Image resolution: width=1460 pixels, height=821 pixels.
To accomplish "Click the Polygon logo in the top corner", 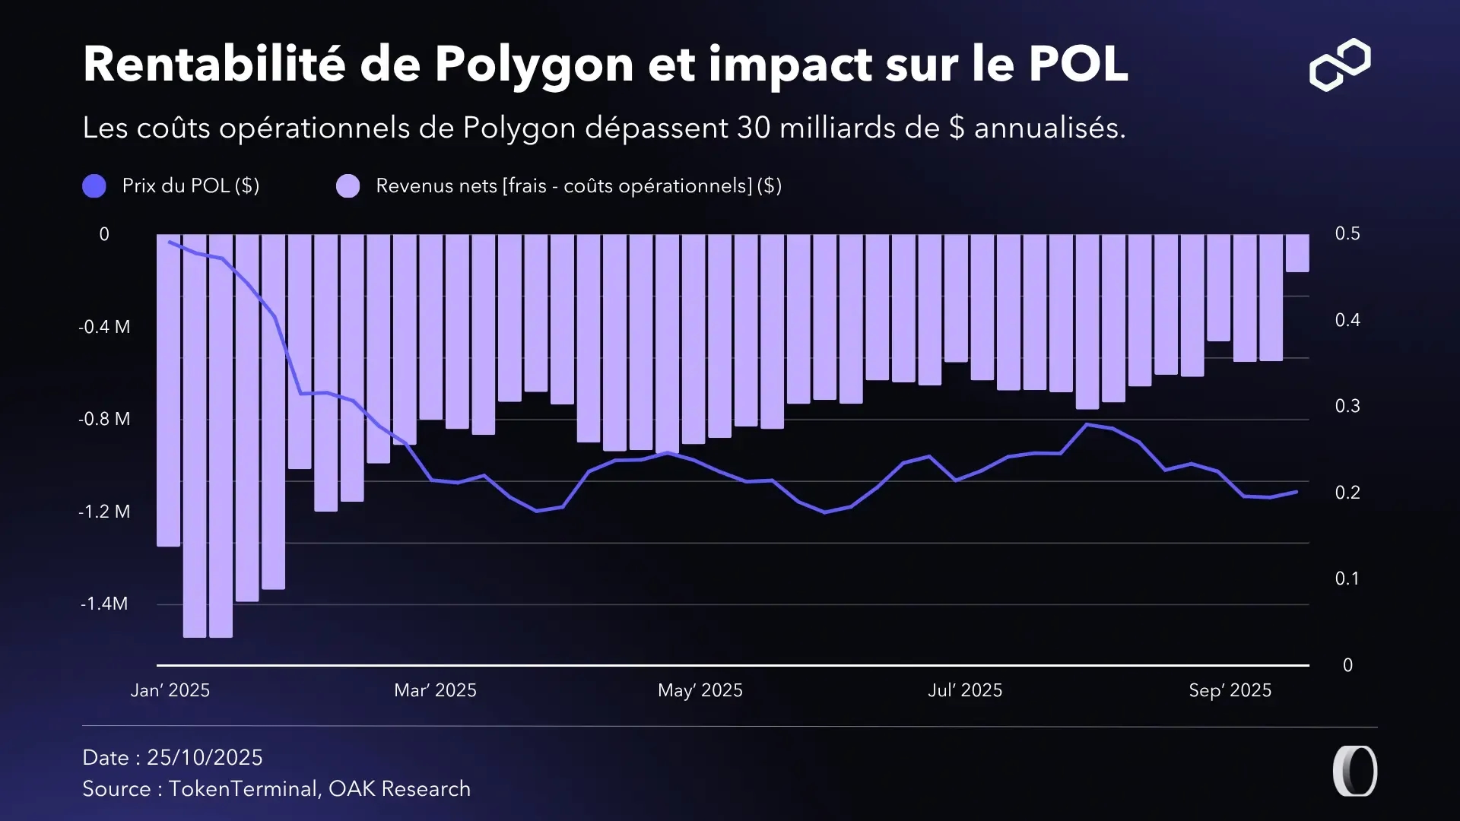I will point(1340,65).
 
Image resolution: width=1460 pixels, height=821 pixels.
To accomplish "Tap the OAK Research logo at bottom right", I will point(1355,771).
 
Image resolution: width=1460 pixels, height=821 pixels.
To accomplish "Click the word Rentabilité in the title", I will point(214,64).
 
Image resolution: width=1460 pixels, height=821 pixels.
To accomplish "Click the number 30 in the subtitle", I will point(754,128).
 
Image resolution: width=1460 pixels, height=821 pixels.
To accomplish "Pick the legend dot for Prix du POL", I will point(94,186).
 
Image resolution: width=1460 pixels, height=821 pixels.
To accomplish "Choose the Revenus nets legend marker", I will point(348,186).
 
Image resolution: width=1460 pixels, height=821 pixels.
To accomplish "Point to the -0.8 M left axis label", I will point(104,419).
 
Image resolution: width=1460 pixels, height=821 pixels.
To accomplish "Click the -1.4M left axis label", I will point(104,604).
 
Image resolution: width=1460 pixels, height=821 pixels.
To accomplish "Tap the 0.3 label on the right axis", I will point(1347,406).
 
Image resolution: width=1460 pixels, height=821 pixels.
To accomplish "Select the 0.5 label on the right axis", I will point(1347,233).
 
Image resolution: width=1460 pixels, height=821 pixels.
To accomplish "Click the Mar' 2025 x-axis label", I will point(435,690).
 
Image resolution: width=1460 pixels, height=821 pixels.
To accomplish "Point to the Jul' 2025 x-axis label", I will point(965,690).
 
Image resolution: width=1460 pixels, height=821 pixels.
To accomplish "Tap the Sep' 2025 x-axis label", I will point(1230,690).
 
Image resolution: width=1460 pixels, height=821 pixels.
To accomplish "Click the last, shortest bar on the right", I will point(1297,253).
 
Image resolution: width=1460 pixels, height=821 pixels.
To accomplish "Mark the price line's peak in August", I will point(1087,424).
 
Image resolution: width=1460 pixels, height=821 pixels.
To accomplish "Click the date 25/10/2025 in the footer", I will point(205,757).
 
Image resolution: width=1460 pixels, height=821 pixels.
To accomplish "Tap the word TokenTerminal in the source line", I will point(242,789).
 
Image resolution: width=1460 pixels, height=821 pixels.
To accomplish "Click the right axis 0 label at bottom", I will point(1347,665).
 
